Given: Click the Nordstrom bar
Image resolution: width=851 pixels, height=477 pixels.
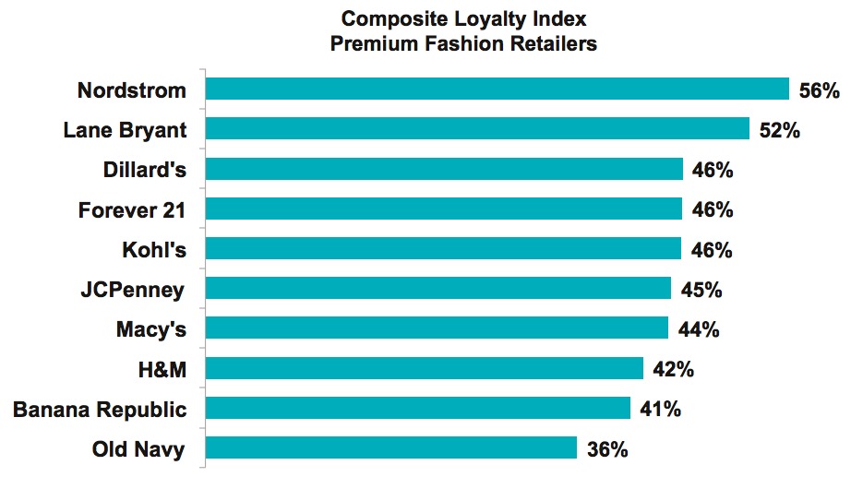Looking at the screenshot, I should (497, 89).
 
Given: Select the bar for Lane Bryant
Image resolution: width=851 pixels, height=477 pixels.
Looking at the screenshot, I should (476, 129).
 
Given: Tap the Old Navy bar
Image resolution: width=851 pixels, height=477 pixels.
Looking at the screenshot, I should (390, 448).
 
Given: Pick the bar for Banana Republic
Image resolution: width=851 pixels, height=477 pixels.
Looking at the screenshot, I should (417, 409).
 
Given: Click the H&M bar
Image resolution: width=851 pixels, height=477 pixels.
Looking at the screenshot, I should (424, 369).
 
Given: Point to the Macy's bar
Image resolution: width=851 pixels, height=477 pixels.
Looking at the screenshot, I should (436, 328).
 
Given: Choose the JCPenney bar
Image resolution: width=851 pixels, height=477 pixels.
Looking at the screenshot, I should (437, 289).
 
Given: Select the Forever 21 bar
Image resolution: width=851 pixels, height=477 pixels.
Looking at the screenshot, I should (443, 209).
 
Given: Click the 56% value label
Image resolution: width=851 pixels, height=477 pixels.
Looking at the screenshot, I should (819, 90).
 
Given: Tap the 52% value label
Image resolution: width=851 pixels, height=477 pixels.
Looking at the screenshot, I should (778, 130).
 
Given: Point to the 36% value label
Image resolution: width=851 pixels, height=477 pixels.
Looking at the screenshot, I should (607, 450).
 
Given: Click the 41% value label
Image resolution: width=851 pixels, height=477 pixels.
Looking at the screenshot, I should (660, 410).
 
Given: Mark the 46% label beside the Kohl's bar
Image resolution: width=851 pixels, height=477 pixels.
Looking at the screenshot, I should (711, 250).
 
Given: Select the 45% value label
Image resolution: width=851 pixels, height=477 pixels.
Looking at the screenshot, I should (701, 290).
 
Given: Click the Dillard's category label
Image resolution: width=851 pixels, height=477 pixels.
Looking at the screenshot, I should (144, 170).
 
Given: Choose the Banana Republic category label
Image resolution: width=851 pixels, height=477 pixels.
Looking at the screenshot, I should (100, 410).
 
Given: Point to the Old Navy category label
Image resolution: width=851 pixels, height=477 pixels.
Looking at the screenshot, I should (138, 449).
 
